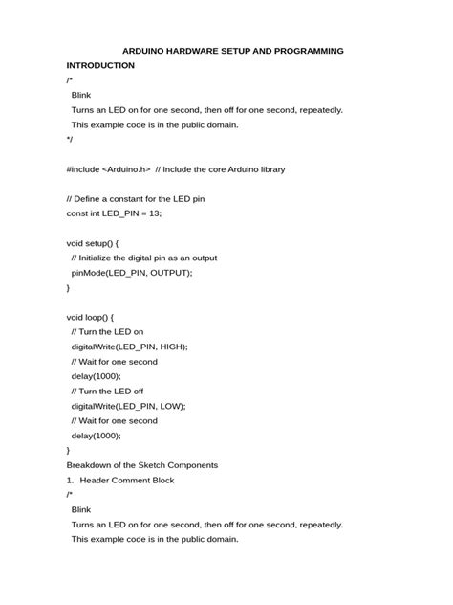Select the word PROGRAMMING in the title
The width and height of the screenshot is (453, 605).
(x=302, y=50)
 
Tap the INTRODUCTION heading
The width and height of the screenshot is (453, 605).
(x=100, y=65)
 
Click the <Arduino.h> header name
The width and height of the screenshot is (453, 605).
(x=126, y=169)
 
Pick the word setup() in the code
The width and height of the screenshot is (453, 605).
(x=101, y=243)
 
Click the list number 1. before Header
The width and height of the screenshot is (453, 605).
(x=71, y=481)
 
